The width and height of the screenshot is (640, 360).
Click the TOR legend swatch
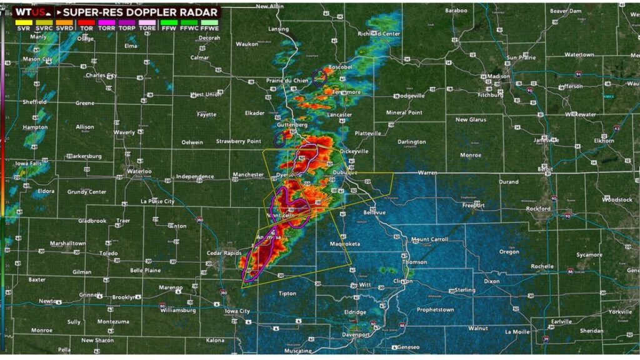click(x=86, y=22)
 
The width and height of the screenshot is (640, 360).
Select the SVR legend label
click(x=22, y=29)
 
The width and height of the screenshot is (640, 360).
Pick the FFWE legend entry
click(x=211, y=29)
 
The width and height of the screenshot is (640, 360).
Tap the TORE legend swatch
click(x=148, y=22)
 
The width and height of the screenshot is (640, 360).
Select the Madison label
click(x=499, y=76)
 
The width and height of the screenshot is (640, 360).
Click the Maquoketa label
click(x=346, y=244)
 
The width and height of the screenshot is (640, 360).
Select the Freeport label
click(x=473, y=205)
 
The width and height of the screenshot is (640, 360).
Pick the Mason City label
click(x=38, y=59)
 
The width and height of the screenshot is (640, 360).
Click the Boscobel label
click(x=340, y=66)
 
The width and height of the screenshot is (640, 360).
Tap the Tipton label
click(x=287, y=293)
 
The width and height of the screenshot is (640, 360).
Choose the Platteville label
click(x=367, y=133)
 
